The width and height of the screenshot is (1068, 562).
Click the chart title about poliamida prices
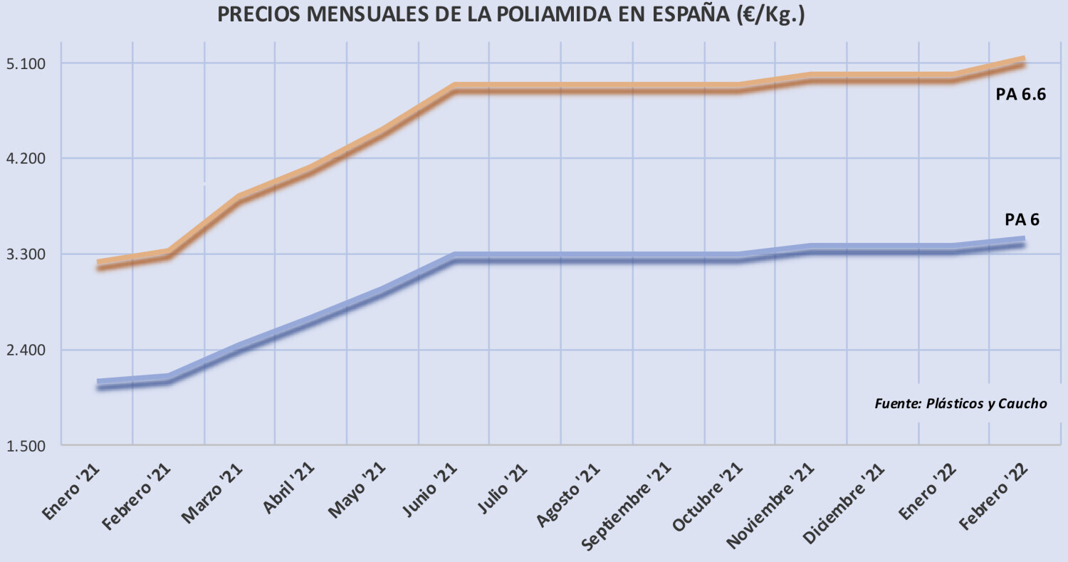[511, 16]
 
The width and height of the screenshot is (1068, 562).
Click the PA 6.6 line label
[1020, 95]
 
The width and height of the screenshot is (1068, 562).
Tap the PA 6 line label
[1022, 219]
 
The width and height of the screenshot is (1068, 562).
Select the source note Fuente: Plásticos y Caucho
[960, 404]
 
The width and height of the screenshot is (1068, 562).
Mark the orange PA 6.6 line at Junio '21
[454, 88]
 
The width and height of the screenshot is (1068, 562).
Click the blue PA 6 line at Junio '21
[454, 257]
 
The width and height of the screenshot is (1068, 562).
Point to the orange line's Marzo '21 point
[240, 198]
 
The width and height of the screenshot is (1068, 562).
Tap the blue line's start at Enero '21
[98, 385]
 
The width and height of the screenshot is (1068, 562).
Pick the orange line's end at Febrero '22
[1023, 61]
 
